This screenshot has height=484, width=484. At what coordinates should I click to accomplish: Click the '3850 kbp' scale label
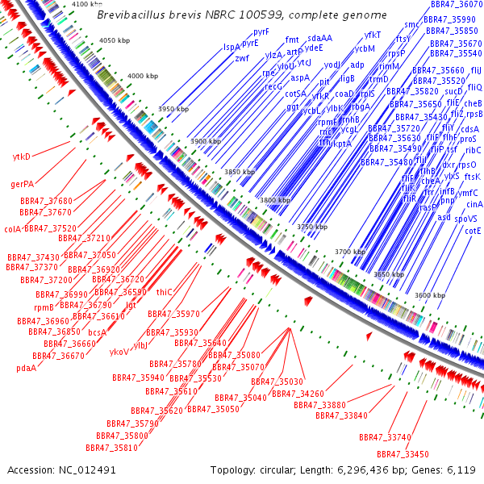[239, 172]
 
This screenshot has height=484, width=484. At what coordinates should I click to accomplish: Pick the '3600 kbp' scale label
[429, 296]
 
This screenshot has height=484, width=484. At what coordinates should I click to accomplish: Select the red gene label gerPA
[22, 184]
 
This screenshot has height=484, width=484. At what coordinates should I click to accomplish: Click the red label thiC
[165, 292]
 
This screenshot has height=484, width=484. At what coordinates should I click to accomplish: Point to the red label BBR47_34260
[298, 393]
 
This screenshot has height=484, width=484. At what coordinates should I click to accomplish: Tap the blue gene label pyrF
[261, 31]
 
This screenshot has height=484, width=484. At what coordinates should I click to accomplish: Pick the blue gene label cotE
[473, 230]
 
